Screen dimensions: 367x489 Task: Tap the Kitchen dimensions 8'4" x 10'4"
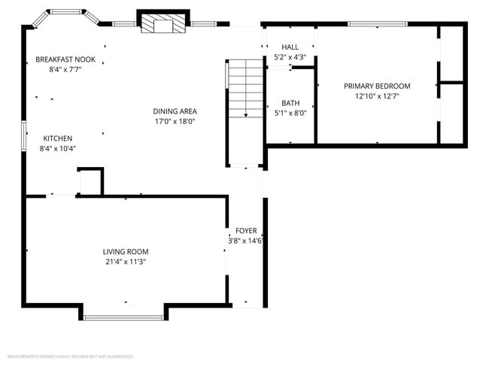click(58, 148)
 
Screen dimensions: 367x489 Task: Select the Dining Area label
click(175, 111)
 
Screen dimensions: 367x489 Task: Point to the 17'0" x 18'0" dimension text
click(175, 121)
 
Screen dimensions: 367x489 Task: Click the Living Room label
click(126, 252)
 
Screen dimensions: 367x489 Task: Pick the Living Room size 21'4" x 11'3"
click(126, 262)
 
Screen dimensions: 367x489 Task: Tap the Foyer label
click(246, 231)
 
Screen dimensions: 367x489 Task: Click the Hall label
click(290, 47)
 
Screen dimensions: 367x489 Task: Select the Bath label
click(290, 104)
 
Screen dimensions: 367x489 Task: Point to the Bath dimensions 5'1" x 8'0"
click(290, 114)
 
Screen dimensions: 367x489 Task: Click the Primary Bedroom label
click(377, 86)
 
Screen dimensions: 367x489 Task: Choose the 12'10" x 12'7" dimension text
click(377, 96)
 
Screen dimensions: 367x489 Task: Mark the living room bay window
click(124, 317)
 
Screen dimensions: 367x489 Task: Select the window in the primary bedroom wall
click(377, 24)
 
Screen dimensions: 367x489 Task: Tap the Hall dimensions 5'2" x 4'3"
click(290, 57)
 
